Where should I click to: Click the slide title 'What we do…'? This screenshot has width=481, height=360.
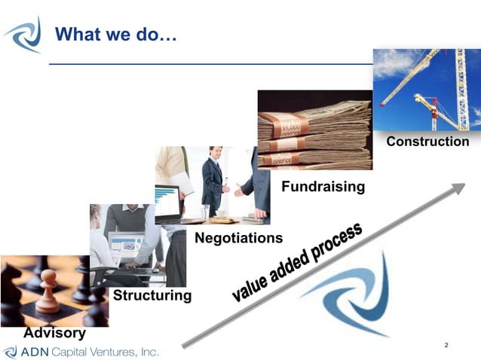pyautogui.click(x=116, y=34)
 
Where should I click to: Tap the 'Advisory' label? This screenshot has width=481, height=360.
pyautogui.click(x=54, y=332)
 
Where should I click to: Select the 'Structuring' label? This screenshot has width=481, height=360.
pyautogui.click(x=152, y=295)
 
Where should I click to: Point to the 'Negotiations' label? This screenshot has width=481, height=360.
pyautogui.click(x=238, y=238)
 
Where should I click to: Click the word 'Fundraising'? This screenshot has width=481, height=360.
pyautogui.click(x=323, y=186)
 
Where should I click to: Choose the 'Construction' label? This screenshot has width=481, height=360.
pyautogui.click(x=427, y=142)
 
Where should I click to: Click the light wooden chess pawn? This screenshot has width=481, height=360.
pyautogui.click(x=47, y=293)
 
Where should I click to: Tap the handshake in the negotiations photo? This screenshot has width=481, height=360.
pyautogui.click(x=231, y=188)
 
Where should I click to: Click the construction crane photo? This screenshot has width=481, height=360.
pyautogui.click(x=427, y=89)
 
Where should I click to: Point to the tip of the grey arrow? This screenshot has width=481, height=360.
pyautogui.click(x=462, y=185)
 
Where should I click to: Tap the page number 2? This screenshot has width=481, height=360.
pyautogui.click(x=446, y=345)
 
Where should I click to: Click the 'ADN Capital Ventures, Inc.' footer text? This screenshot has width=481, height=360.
pyautogui.click(x=89, y=352)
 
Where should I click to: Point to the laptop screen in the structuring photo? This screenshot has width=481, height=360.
pyautogui.click(x=126, y=245)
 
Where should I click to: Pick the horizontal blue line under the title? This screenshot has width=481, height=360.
pyautogui.click(x=211, y=65)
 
